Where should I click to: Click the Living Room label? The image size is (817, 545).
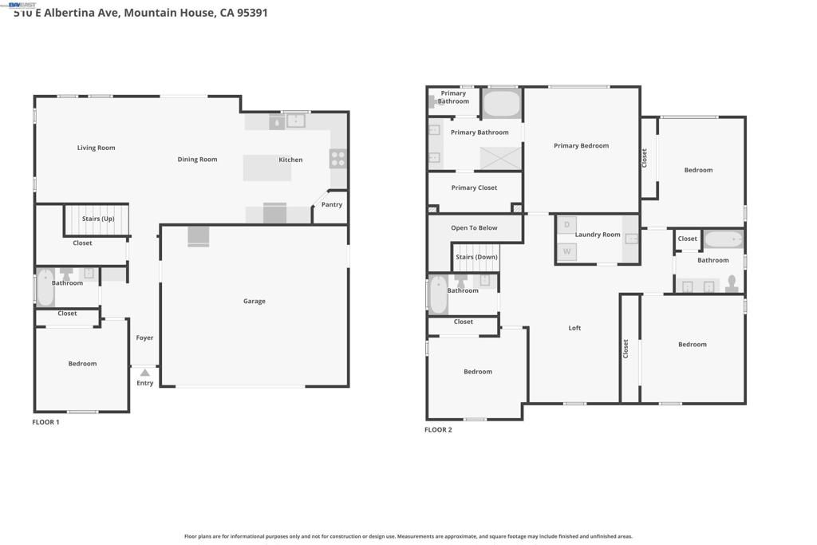click(x=96, y=148)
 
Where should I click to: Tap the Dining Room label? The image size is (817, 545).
click(x=197, y=160)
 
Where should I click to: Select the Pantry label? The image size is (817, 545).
click(x=332, y=205)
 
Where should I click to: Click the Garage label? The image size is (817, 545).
click(x=255, y=302)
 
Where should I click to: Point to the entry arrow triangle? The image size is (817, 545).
click(x=144, y=373)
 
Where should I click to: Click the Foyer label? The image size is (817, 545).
click(x=144, y=338)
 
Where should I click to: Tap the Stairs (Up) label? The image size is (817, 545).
click(x=98, y=219)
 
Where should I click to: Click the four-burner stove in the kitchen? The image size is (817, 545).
click(x=338, y=158)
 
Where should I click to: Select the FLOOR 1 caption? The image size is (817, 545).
click(x=45, y=422)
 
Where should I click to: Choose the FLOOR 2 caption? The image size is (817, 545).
click(x=438, y=430)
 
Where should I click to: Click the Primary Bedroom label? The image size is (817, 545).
click(x=581, y=146)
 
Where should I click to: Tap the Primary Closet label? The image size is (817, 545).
click(x=474, y=188)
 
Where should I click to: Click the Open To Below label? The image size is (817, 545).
click(x=474, y=228)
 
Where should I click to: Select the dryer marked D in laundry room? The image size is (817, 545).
click(x=566, y=225)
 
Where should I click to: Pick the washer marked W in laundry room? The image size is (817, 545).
click(x=566, y=251)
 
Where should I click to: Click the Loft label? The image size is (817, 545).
click(x=574, y=328)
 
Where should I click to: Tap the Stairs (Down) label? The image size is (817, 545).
click(x=476, y=257)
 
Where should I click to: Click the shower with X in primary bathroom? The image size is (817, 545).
click(x=500, y=158)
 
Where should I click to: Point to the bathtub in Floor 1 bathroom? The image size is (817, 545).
click(x=45, y=288)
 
